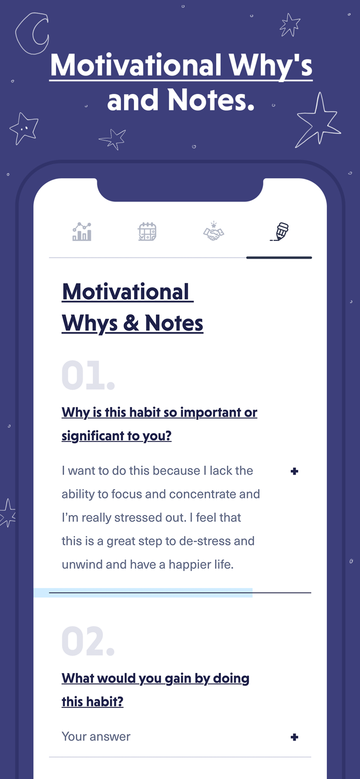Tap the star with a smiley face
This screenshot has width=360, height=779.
(x=24, y=128)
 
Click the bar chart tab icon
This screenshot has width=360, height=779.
(x=82, y=232)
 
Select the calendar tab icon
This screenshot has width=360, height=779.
(x=147, y=232)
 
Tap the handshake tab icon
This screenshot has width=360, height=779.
(x=213, y=232)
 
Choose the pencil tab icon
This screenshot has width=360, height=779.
(x=279, y=232)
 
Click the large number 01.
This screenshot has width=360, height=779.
(x=87, y=375)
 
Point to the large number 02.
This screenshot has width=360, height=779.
(x=87, y=642)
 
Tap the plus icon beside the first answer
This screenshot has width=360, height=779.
(x=295, y=471)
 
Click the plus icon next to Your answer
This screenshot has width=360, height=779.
(x=295, y=737)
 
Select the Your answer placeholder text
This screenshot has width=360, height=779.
(x=96, y=736)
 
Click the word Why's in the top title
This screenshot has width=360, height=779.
(x=271, y=66)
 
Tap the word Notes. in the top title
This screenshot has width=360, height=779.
(x=211, y=99)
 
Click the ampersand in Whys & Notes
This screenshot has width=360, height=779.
(x=131, y=323)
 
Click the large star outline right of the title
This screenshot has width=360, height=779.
(x=318, y=121)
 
